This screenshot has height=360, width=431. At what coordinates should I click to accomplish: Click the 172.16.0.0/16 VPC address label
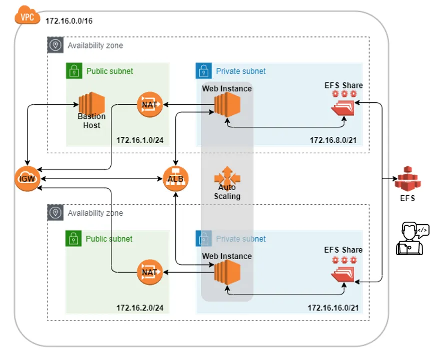click(x=69, y=21)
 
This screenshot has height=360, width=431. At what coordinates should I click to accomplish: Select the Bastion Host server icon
click(x=91, y=104)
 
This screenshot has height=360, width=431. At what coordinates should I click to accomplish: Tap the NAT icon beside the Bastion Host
click(x=150, y=105)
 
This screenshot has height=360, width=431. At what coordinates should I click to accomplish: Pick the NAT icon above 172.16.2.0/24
click(x=150, y=273)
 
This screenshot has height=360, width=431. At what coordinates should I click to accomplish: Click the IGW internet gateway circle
click(x=27, y=178)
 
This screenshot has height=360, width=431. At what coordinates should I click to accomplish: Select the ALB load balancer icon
click(x=175, y=178)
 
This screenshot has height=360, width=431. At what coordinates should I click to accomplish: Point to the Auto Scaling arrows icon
click(x=227, y=177)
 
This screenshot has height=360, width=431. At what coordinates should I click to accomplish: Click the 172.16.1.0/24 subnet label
click(x=140, y=140)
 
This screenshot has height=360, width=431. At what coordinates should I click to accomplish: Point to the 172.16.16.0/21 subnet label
click(x=333, y=308)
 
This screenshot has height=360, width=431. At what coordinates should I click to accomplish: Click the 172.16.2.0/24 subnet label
click(x=140, y=308)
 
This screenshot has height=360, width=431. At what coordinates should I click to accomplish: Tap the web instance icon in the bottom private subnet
click(x=227, y=273)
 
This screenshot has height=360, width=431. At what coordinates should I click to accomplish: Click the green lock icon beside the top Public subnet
click(x=74, y=71)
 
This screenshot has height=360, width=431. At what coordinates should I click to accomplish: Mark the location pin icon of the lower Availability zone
click(x=55, y=213)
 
